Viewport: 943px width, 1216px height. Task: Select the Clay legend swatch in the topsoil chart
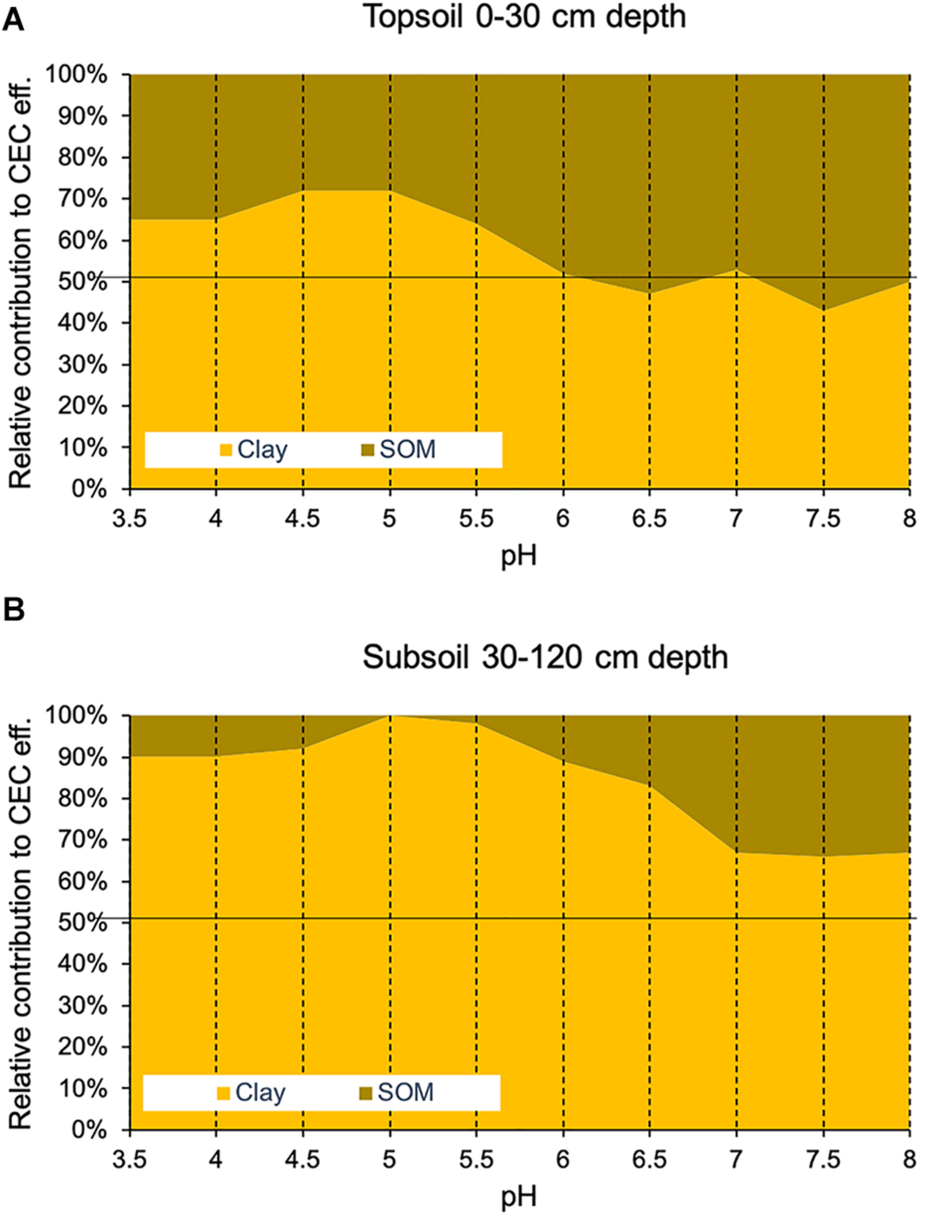226,450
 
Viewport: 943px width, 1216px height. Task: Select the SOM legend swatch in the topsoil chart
367,450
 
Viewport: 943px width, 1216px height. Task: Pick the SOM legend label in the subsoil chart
405,1092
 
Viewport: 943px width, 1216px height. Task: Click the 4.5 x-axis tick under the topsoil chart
302,519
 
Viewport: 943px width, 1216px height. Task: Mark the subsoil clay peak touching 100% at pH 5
390,716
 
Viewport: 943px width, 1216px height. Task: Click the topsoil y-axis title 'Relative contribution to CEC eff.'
20,282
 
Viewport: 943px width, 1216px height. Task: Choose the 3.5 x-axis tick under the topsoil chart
130,519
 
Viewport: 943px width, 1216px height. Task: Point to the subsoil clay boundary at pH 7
736,853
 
